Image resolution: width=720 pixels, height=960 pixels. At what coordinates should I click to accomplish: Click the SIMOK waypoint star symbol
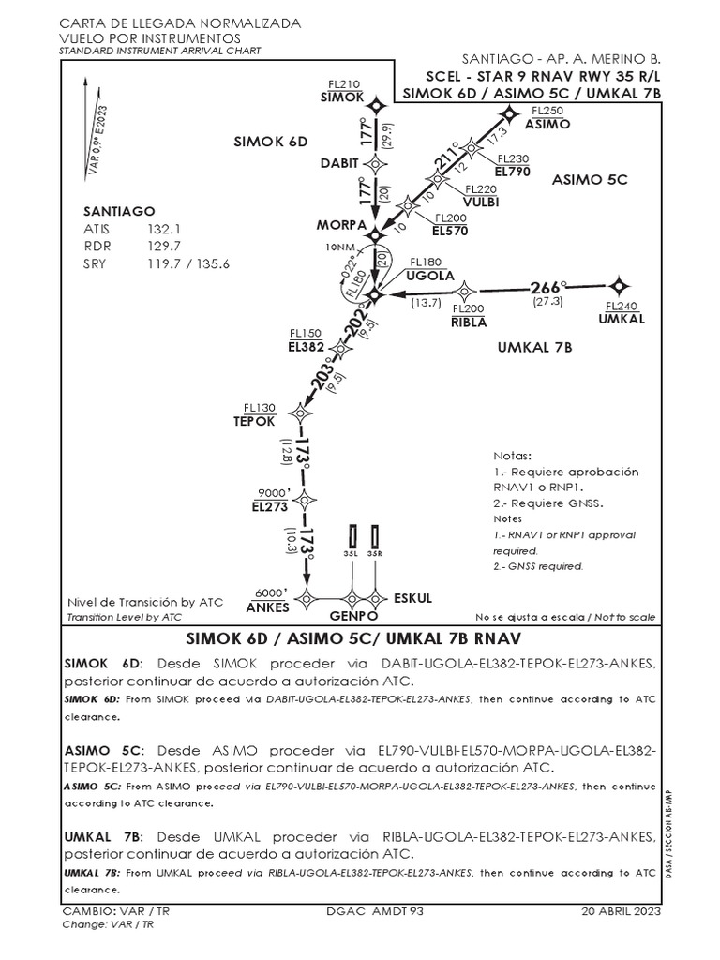(x=376, y=108)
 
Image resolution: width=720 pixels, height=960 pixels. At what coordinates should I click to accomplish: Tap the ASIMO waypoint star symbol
(x=510, y=114)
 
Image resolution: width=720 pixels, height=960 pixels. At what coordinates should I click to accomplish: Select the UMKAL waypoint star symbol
(x=618, y=285)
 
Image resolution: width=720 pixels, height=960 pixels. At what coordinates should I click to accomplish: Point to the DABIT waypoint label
(x=339, y=162)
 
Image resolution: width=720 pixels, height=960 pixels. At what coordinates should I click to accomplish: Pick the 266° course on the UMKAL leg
(x=549, y=287)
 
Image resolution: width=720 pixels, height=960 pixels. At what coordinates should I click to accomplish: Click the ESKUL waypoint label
(x=412, y=597)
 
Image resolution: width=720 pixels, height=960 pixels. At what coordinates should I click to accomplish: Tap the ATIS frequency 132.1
(x=163, y=229)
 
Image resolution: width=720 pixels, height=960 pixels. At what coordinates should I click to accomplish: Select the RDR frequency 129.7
(x=163, y=246)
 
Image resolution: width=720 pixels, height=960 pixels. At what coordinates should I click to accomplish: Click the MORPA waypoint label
(x=339, y=225)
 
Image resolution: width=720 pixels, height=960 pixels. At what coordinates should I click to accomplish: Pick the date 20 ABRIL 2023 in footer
(x=622, y=911)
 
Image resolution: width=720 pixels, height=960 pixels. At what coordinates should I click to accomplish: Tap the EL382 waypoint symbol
(x=341, y=349)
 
